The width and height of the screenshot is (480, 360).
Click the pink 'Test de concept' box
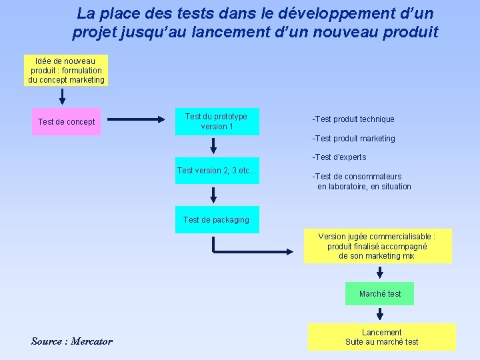[x=67, y=122]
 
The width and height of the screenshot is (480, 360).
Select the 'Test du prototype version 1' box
[x=217, y=121]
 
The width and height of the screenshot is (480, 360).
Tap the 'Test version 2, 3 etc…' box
[x=217, y=171]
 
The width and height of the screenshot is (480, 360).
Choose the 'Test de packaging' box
[x=217, y=220]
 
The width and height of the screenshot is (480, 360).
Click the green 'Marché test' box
[x=380, y=294]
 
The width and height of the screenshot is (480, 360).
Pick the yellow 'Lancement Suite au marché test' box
[x=382, y=337]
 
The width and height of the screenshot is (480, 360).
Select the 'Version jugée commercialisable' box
[x=377, y=246]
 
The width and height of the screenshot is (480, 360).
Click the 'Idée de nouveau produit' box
[x=67, y=71]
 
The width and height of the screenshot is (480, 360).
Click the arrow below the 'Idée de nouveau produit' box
[x=63, y=97]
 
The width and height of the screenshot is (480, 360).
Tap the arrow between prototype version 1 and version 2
[x=213, y=145]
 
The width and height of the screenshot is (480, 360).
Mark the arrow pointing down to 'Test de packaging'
[x=213, y=195]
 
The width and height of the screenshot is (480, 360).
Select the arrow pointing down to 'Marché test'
[x=380, y=271]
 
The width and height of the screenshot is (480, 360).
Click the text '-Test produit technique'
[x=353, y=119]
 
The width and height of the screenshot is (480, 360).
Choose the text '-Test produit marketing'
[x=353, y=139]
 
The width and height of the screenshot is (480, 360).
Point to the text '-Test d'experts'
[x=339, y=157]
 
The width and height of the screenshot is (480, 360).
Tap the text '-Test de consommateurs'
[x=357, y=177]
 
